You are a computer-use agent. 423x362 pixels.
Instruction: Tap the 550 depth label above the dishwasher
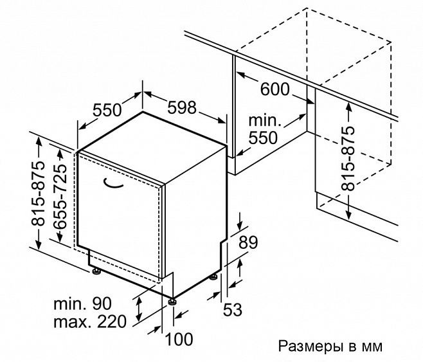coord(107,110)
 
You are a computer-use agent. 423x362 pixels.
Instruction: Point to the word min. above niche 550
coord(264,121)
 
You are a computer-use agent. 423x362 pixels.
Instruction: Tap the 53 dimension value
coord(232,310)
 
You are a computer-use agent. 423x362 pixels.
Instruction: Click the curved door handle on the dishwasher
coord(114,185)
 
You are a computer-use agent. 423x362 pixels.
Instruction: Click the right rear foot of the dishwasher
coord(213,278)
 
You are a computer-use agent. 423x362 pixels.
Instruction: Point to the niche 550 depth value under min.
coord(264,137)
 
